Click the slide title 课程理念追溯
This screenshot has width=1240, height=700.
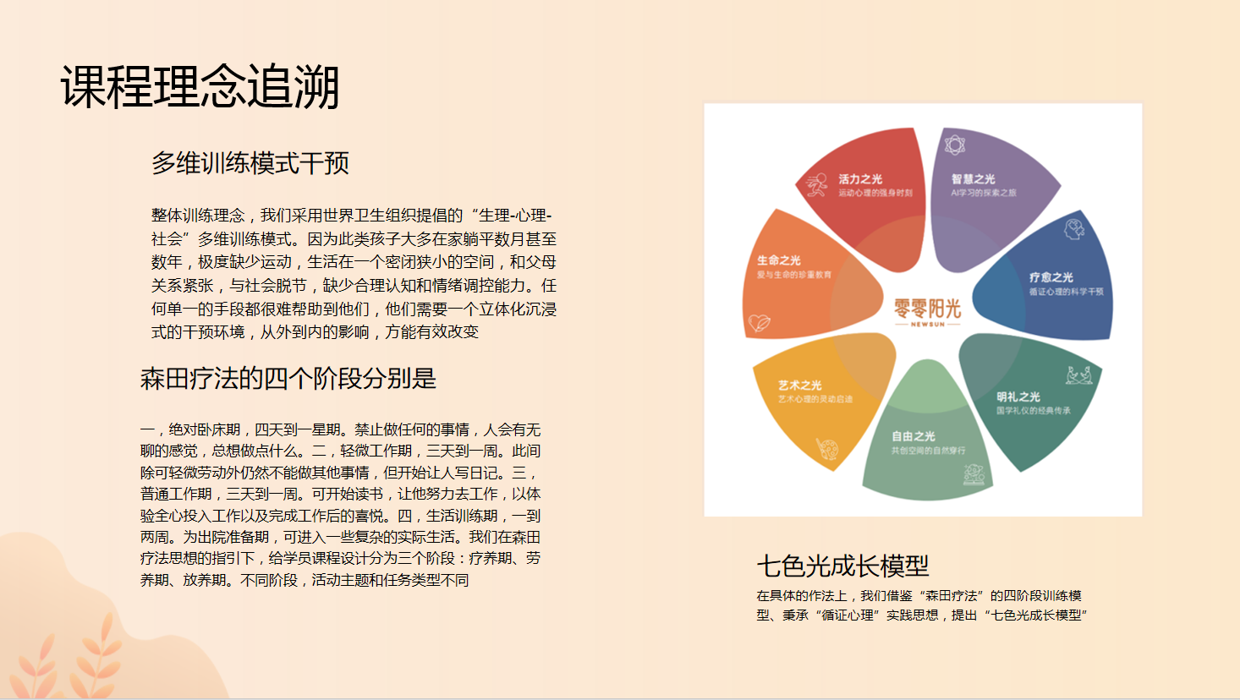pos(200,86)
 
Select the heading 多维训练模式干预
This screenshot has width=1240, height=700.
pos(250,162)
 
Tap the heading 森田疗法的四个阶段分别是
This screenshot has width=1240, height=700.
pos(288,378)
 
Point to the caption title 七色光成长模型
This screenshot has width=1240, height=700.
pos(842,565)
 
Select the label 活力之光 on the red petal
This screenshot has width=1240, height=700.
pos(860,179)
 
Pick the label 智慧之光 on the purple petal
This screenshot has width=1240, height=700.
pos(973,179)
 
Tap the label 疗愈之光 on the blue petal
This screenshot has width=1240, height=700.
pos(1051,277)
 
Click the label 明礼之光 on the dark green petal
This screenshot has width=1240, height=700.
pos(1018,396)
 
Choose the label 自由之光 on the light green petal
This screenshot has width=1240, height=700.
pos(914,436)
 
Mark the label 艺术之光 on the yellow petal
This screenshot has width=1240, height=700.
pos(800,385)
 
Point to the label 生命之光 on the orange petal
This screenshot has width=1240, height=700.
pos(779,260)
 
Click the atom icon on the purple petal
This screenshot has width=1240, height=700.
pos(955,145)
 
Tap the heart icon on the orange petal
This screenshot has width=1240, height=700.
pos(760,323)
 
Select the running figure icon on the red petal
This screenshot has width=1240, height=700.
pos(816,184)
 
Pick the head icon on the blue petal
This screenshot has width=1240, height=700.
pos(1074,228)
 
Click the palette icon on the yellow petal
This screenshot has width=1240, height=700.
pos(826,448)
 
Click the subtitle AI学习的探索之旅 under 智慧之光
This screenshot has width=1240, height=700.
pos(984,193)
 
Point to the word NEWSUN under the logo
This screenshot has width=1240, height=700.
pos(928,324)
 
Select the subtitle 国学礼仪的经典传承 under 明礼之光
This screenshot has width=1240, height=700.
pos(1033,411)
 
